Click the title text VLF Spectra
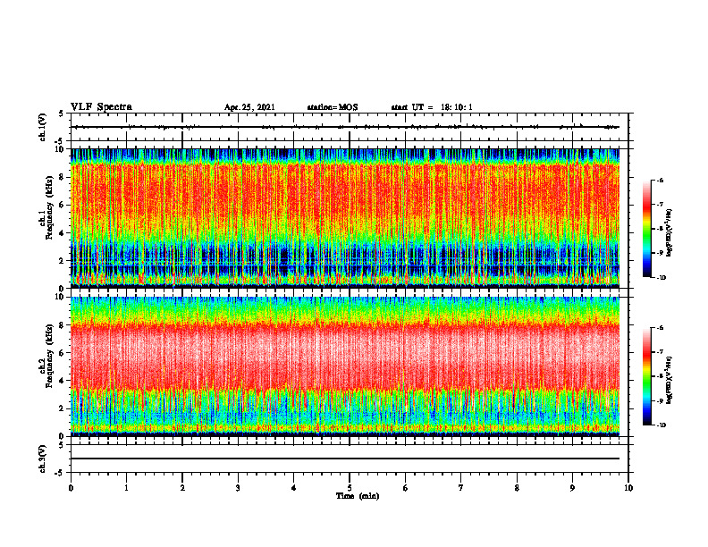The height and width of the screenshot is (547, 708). [101, 106]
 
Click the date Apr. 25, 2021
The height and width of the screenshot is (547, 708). [249, 107]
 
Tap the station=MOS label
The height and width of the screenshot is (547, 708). [332, 107]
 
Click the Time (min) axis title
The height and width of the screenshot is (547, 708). [357, 495]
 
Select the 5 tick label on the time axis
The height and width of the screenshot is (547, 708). [350, 488]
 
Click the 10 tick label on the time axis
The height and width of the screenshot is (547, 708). [628, 488]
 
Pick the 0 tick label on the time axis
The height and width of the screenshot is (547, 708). [71, 488]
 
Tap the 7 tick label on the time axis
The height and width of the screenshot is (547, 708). [461, 488]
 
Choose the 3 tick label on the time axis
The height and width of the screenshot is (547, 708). [238, 488]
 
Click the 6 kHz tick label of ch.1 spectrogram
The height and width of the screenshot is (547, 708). [60, 205]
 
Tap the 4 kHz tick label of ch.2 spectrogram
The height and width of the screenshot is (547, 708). [60, 380]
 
